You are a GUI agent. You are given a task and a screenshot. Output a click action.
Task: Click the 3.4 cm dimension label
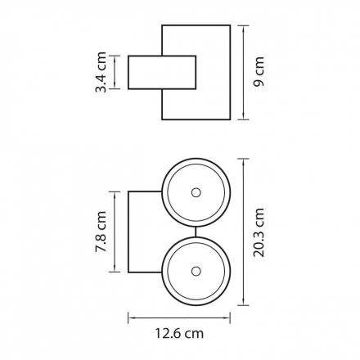click(x=101, y=72)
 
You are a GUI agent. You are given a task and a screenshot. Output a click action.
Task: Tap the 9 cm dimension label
click(x=259, y=72)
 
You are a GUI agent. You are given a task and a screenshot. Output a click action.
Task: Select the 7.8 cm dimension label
click(x=101, y=232)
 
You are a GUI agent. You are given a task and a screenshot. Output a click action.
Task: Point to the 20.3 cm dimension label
click(x=259, y=232)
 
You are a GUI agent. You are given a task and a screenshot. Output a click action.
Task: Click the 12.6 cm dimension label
click(x=179, y=333)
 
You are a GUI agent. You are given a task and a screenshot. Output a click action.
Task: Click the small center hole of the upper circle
click(x=196, y=192)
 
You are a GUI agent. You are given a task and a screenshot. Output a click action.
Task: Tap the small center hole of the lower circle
click(x=196, y=272)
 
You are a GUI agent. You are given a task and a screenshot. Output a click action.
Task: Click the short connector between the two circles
click(x=196, y=232)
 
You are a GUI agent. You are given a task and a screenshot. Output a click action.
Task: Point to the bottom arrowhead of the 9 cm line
click(x=243, y=116)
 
